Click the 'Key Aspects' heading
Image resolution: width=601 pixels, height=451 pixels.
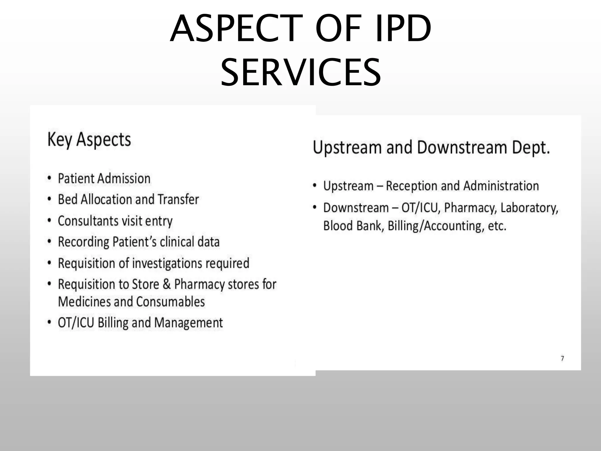point(89,139)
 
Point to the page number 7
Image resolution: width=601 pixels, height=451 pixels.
point(562,358)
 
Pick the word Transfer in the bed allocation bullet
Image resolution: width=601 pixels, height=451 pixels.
point(178,199)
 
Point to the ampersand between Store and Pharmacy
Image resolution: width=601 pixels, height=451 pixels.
point(166,284)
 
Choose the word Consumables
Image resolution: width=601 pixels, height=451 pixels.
point(170,302)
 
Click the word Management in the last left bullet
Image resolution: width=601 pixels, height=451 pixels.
point(188,323)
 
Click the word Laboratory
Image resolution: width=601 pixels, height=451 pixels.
point(529,208)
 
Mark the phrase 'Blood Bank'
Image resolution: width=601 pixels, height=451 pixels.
point(353,226)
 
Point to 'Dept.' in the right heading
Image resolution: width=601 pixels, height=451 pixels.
point(531,147)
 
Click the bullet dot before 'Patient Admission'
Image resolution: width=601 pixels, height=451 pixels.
point(50,178)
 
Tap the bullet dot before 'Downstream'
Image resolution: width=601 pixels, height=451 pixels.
point(315,208)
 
